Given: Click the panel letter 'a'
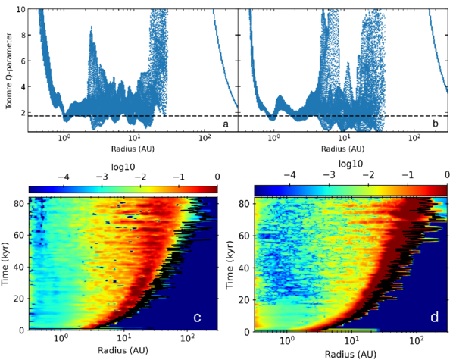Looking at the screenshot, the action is (x=226, y=124).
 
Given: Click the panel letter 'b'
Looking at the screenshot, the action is (x=436, y=124).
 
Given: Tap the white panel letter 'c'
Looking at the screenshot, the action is (x=197, y=318).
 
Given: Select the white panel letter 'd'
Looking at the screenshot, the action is (x=435, y=318).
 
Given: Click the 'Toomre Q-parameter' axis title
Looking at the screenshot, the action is (x=9, y=70).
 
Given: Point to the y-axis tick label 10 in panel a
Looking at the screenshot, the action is (x=21, y=9).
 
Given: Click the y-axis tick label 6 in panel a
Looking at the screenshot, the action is (x=23, y=61).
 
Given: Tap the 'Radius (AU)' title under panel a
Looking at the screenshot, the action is (x=133, y=149).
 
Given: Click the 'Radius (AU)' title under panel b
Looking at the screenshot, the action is (x=342, y=149).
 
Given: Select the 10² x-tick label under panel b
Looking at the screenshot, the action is (x=414, y=138).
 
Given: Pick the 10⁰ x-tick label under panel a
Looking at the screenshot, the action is (x=64, y=138).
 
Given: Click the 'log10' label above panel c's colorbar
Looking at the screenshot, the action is (x=123, y=167).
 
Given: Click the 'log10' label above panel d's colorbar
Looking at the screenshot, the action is (x=351, y=164).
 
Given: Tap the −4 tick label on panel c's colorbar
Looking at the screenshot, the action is (x=64, y=177).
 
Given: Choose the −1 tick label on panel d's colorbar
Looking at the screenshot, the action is (x=408, y=174).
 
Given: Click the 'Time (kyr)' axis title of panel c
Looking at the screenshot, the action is (x=5, y=264).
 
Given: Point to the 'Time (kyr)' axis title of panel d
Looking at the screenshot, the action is (x=230, y=265).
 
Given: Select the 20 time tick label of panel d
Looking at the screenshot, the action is (x=245, y=300).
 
